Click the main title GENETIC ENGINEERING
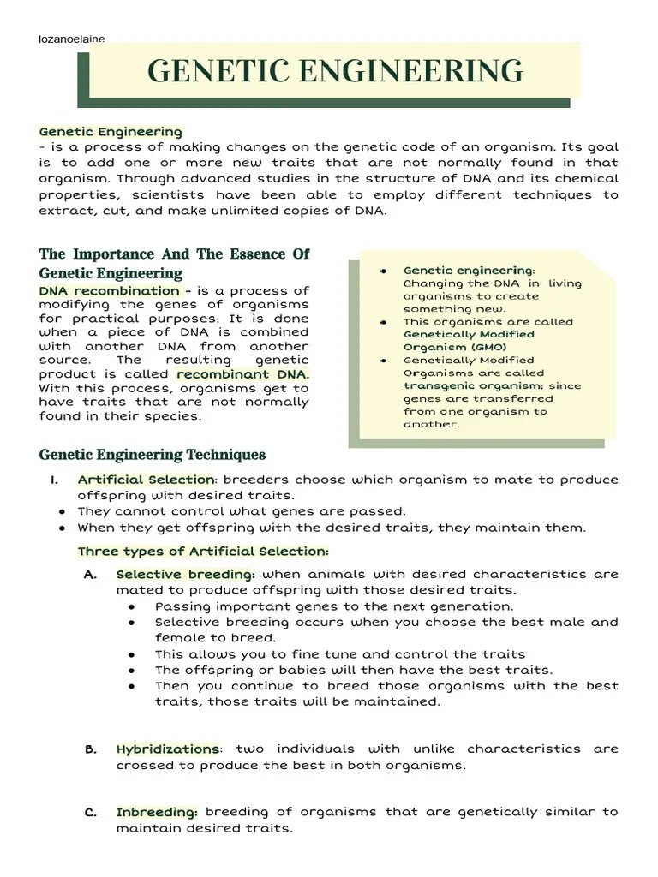pos(335,69)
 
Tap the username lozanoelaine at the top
pos(72,39)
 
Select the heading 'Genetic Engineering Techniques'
pos(153,455)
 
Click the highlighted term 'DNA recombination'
pos(109,291)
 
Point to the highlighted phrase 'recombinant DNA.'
pos(243,374)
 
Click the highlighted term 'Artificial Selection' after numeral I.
pos(145,480)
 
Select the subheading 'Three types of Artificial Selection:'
pos(203,551)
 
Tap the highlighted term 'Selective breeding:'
pos(185,574)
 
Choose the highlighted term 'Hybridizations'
pos(168,749)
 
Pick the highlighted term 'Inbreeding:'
pos(157,812)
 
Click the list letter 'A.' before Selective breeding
pos(91,575)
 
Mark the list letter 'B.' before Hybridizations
pos(91,749)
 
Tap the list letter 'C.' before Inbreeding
pos(91,812)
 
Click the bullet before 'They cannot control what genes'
pos(63,512)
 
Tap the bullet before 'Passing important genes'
pos(132,606)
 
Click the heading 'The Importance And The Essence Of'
pos(174,254)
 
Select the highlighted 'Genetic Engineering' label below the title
pos(111,132)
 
